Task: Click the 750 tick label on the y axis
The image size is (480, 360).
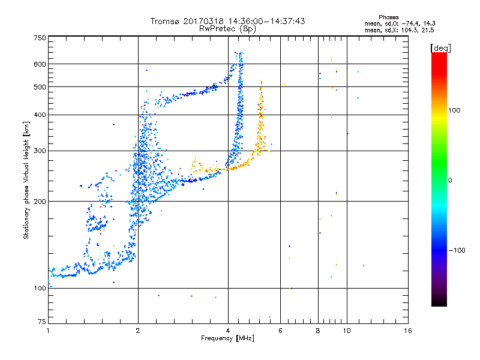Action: tap(40, 38)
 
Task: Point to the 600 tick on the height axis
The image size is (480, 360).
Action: tap(40, 64)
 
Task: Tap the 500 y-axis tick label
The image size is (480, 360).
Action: tap(40, 87)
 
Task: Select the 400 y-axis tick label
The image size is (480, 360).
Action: tap(40, 115)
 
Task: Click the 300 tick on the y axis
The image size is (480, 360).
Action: tap(40, 151)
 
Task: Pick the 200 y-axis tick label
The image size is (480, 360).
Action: tap(40, 202)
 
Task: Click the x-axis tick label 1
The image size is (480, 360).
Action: tap(48, 331)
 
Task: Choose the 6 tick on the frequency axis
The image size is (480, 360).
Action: tap(280, 331)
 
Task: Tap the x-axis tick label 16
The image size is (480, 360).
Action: tap(407, 331)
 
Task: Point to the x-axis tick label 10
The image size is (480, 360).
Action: tap(346, 331)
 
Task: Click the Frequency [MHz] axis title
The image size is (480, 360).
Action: tap(228, 338)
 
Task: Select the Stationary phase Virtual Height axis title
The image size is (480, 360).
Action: tap(26, 180)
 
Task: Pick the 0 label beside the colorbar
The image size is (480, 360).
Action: tap(451, 180)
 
